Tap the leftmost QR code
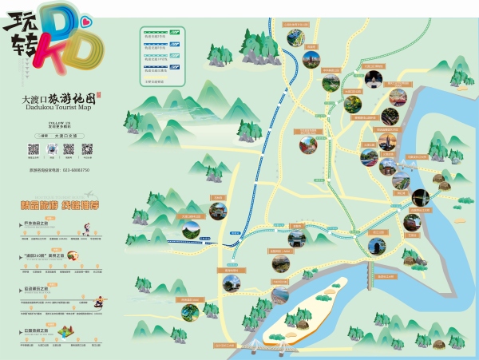[x=34, y=149]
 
